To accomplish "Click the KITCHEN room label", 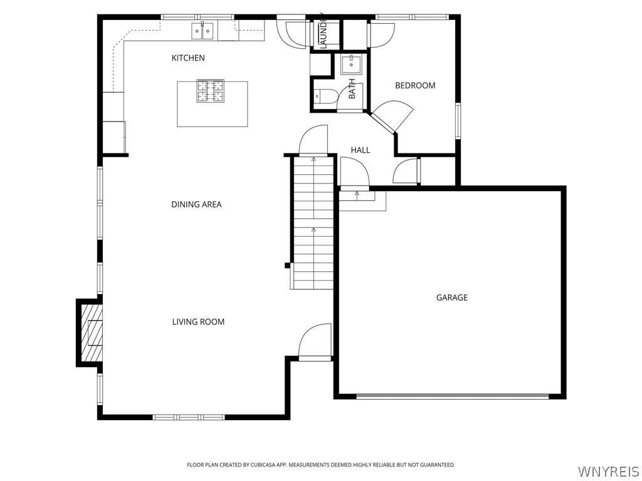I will tap(188, 58).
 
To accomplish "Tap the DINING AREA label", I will tap(196, 205).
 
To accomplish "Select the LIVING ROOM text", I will tap(198, 322).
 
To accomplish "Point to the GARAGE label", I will tap(451, 298).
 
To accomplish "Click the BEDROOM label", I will tap(414, 86).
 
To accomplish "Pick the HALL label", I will tap(360, 150).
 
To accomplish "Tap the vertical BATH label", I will tap(352, 88).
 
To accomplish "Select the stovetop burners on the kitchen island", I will tap(211, 91).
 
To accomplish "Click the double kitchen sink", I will tap(203, 29).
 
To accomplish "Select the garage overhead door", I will tap(452, 396).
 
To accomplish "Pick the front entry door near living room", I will tap(315, 343).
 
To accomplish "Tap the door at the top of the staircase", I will tap(313, 141).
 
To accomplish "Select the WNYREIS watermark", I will tap(609, 470).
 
